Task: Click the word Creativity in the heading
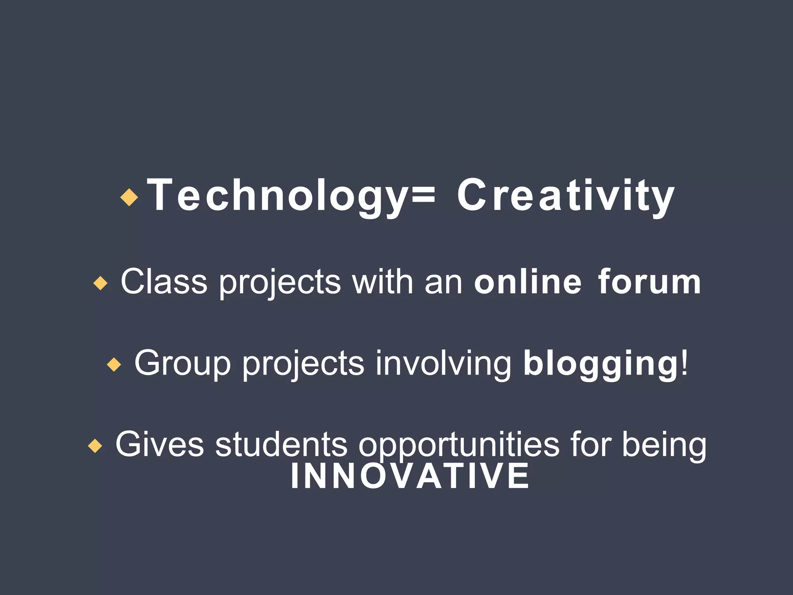566,196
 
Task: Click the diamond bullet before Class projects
100,283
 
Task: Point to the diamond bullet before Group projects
114,365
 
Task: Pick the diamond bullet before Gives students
95,446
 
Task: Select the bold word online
528,282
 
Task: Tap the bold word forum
649,282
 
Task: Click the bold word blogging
600,363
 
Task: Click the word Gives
160,444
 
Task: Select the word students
281,444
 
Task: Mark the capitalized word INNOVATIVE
410,476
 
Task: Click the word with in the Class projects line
383,282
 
